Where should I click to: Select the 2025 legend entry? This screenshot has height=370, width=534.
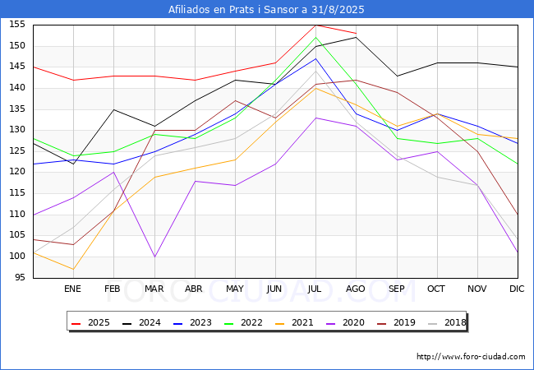(91, 322)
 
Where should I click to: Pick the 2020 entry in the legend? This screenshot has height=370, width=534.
(346, 322)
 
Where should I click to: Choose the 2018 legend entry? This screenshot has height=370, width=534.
(447, 322)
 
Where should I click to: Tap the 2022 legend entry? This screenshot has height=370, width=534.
(244, 322)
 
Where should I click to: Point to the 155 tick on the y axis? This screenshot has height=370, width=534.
(17, 25)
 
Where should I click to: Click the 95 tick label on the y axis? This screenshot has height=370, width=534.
(20, 277)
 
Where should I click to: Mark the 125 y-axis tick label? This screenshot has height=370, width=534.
(17, 151)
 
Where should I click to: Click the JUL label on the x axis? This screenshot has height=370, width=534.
(315, 289)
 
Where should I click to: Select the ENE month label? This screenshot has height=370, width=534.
(72, 289)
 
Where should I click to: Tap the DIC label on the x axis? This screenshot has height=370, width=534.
(517, 289)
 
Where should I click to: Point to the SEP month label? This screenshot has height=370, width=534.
(397, 289)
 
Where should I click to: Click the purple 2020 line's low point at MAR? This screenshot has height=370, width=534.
(155, 257)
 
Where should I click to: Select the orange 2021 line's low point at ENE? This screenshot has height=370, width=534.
(74, 269)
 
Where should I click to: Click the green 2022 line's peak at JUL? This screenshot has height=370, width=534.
(316, 37)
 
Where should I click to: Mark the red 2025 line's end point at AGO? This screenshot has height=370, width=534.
(357, 33)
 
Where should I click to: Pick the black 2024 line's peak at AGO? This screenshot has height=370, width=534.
(357, 37)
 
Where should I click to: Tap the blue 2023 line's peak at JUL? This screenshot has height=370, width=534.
(316, 58)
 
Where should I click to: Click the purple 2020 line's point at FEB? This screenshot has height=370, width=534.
(113, 172)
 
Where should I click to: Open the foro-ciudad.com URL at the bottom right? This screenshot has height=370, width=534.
(471, 357)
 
